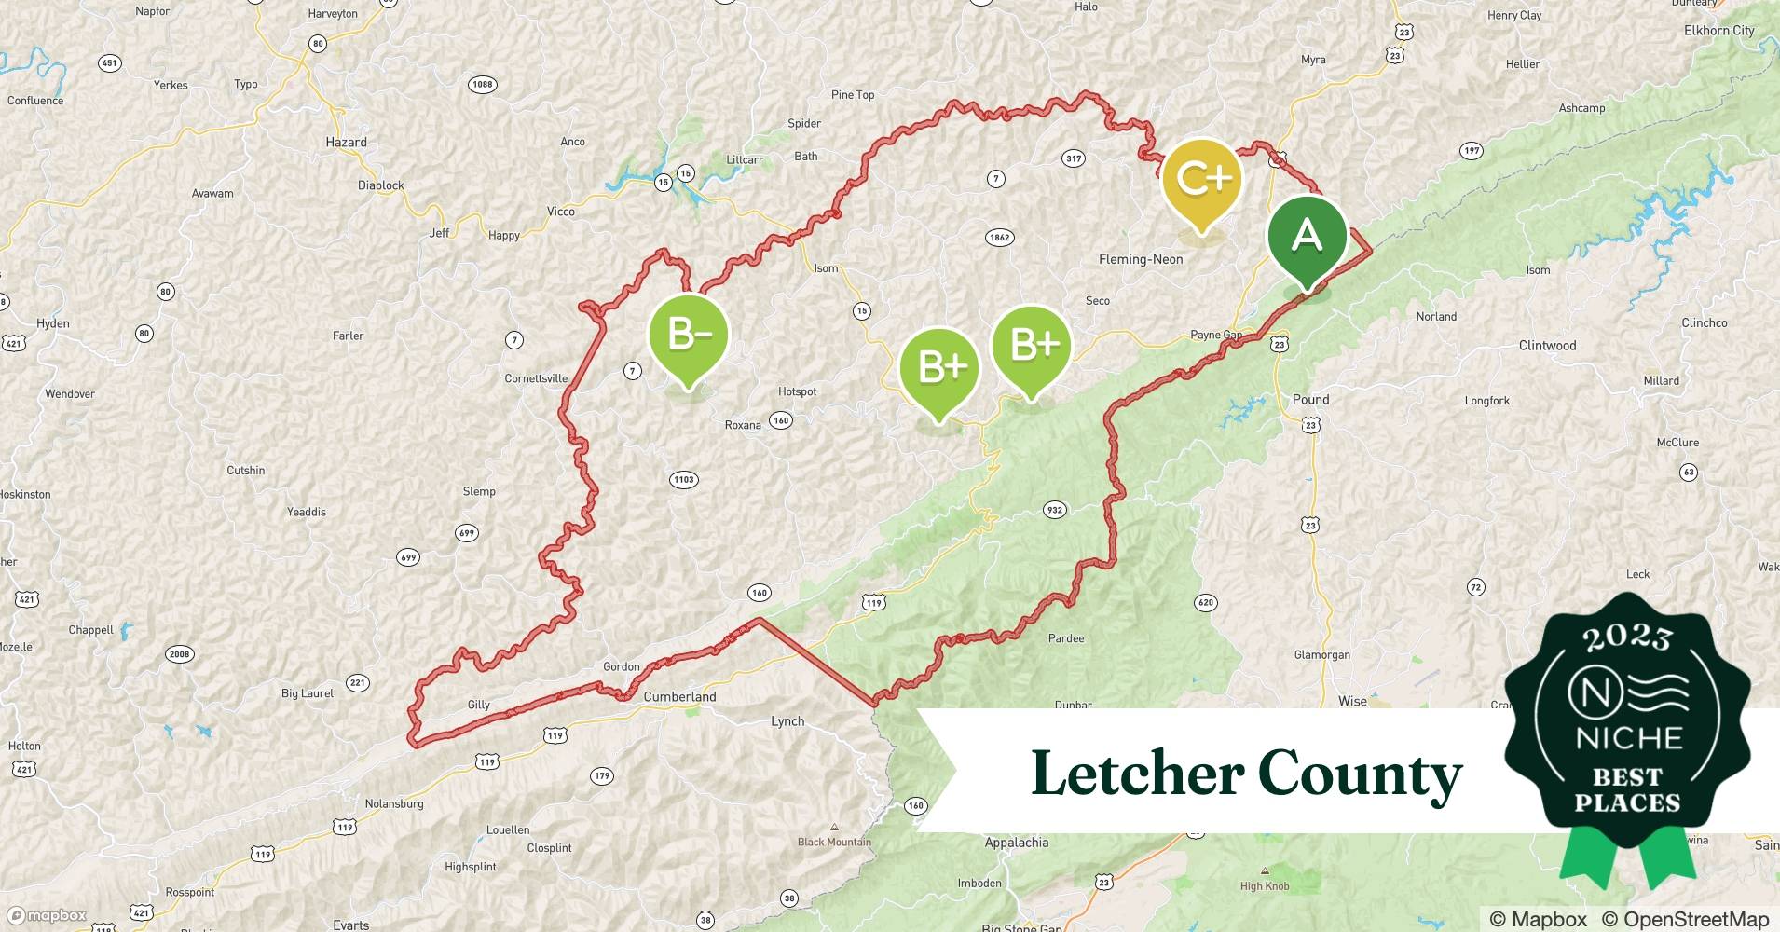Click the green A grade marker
1307,237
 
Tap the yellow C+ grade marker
1202,179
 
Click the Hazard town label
346,143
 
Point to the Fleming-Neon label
1141,260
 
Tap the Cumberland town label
679,697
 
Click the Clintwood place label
1547,346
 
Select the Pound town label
1310,400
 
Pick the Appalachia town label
1016,843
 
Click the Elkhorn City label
1718,31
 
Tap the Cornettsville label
536,378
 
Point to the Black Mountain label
834,842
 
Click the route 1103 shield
683,480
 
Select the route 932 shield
1054,510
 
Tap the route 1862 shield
999,238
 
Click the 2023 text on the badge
1627,637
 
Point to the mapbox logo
47,915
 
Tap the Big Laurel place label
307,693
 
